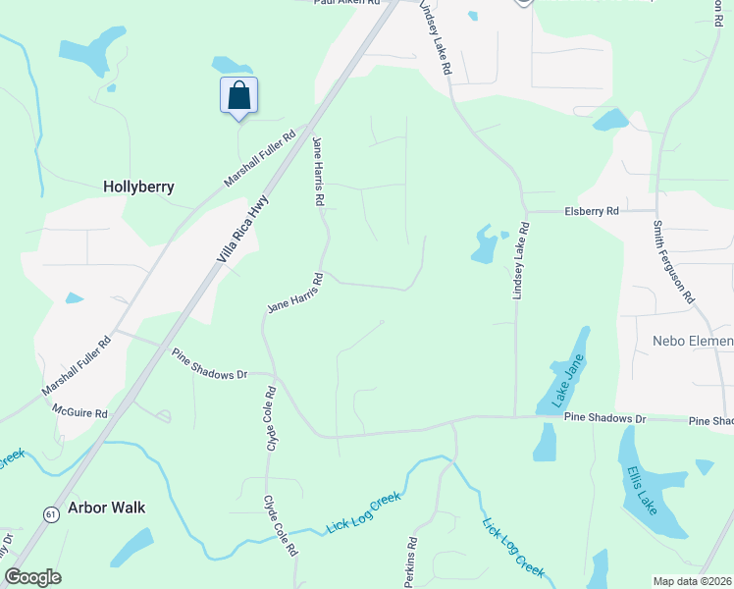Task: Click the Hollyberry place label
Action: pos(138,186)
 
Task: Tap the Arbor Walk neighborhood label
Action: pos(107,508)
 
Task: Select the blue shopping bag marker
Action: pos(238,96)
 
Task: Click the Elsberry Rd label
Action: pos(592,211)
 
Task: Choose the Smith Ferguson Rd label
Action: pos(673,260)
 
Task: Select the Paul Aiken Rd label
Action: pos(345,3)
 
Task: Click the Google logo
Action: pos(32,577)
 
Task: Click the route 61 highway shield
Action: pos(49,513)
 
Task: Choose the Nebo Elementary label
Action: pos(693,342)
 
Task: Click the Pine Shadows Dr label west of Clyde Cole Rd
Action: pos(210,362)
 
